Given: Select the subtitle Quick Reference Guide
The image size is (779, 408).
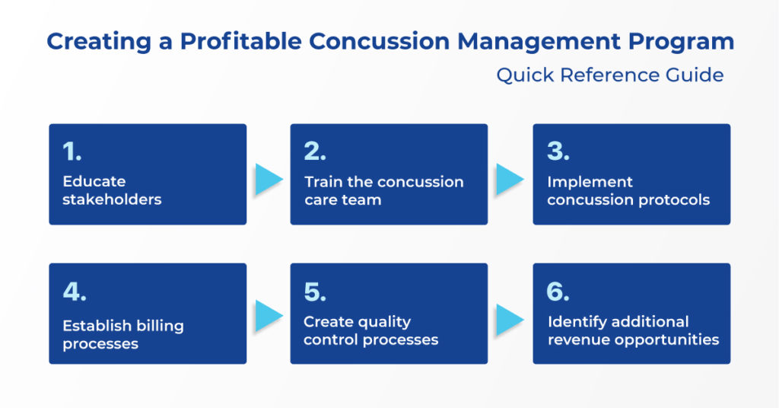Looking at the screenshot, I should click(609, 75).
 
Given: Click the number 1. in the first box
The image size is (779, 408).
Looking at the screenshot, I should click(72, 151).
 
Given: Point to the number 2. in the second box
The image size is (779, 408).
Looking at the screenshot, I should click(315, 151).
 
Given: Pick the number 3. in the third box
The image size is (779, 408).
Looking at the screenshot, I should click(558, 151).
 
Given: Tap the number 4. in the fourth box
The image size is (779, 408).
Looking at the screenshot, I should click(74, 292).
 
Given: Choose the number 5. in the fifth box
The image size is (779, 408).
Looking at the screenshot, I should click(315, 292).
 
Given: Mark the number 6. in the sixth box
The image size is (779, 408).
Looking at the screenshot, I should click(558, 292).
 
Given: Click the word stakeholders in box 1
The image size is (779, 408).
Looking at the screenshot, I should click(112, 200).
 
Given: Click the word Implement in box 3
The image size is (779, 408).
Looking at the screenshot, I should click(590, 182).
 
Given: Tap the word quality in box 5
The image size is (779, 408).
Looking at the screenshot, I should click(383, 321).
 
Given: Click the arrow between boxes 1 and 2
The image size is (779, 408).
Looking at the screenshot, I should click(268, 180).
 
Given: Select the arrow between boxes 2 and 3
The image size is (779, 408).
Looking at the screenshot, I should click(510, 180).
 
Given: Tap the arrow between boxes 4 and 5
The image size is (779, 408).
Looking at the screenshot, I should click(268, 315).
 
